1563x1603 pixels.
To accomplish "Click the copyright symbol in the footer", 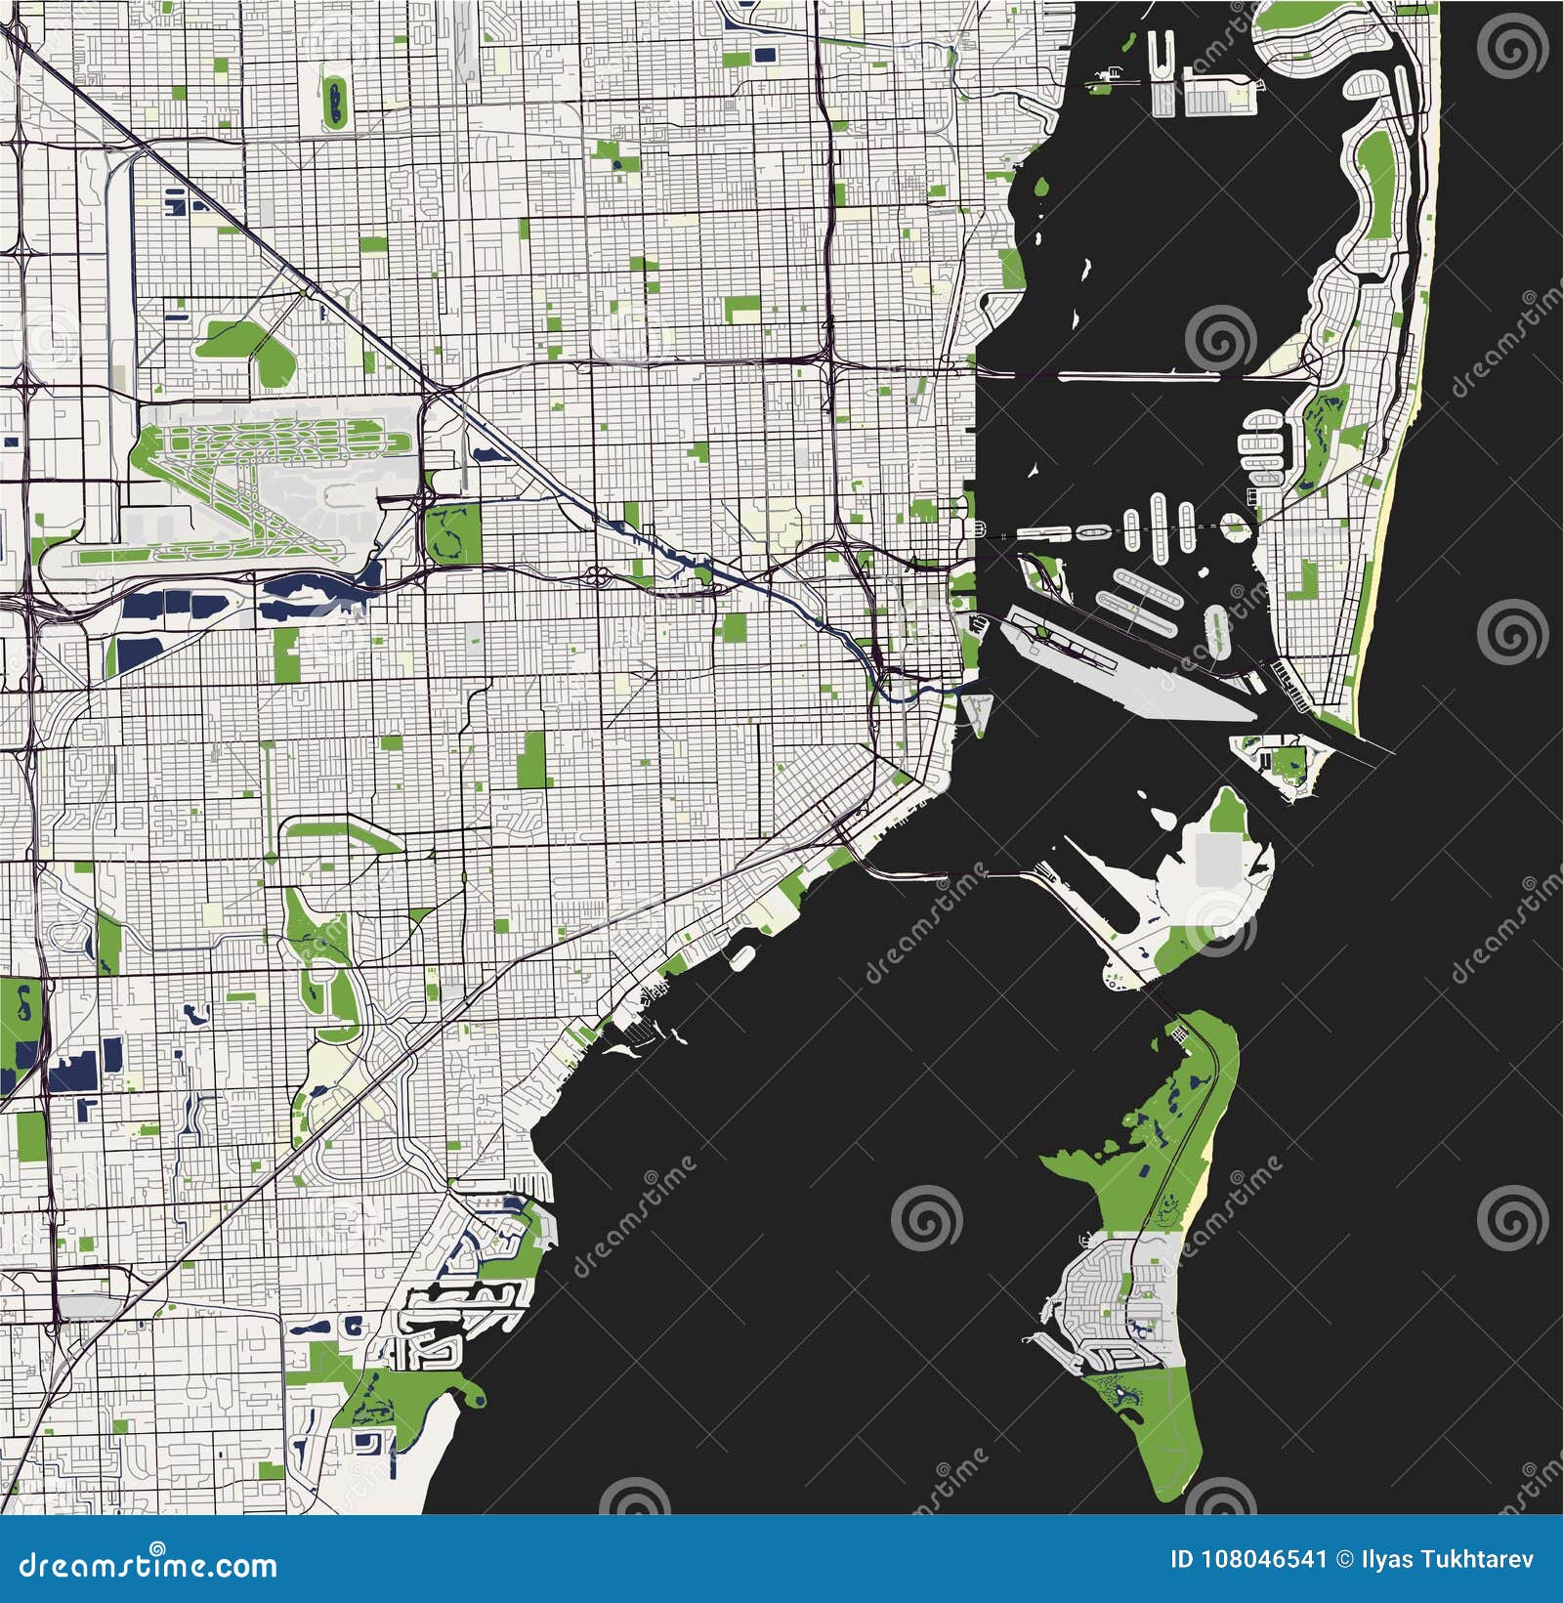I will tap(1341, 1558).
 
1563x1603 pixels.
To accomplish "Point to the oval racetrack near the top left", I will tap(334, 101).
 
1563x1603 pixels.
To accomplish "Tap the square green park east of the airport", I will tap(453, 534).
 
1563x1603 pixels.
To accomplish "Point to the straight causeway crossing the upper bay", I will tap(1133, 375).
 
